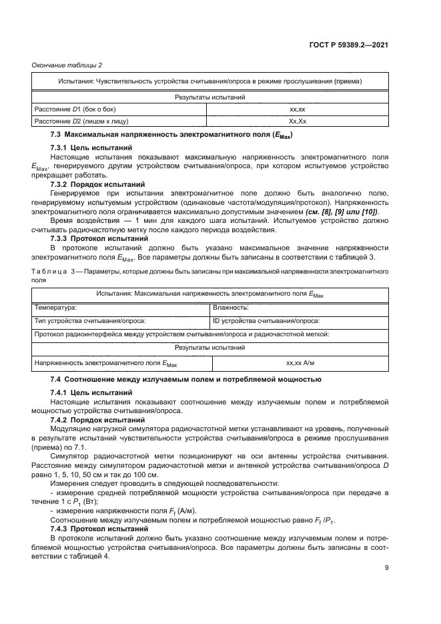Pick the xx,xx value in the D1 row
[x=297, y=109]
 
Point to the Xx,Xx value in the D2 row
[x=297, y=121]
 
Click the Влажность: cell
[x=231, y=308]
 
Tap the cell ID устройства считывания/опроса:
[x=266, y=321]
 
